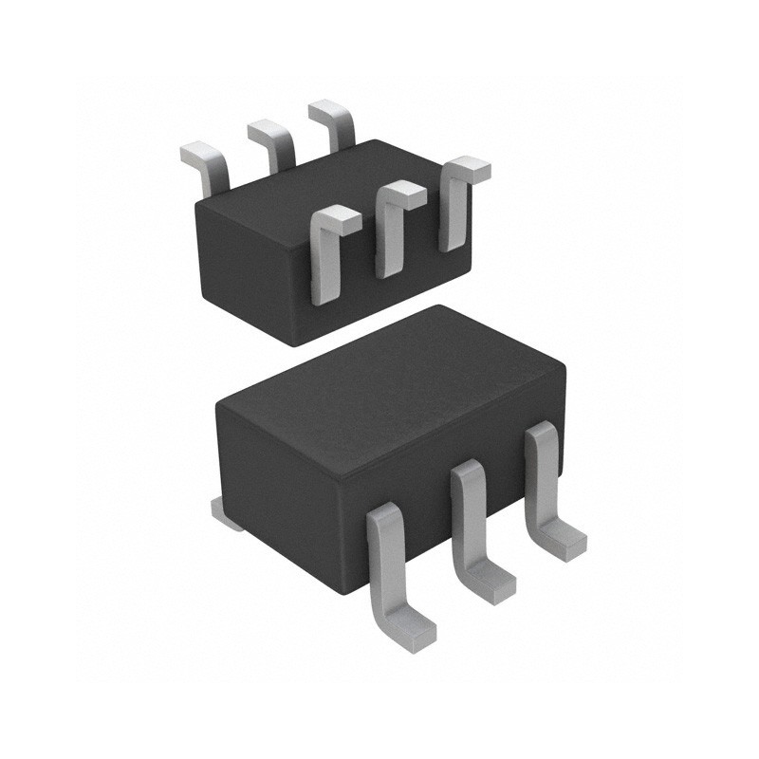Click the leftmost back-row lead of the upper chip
(211, 166)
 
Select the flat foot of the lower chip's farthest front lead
(565, 539)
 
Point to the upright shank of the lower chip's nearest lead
(384, 550)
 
